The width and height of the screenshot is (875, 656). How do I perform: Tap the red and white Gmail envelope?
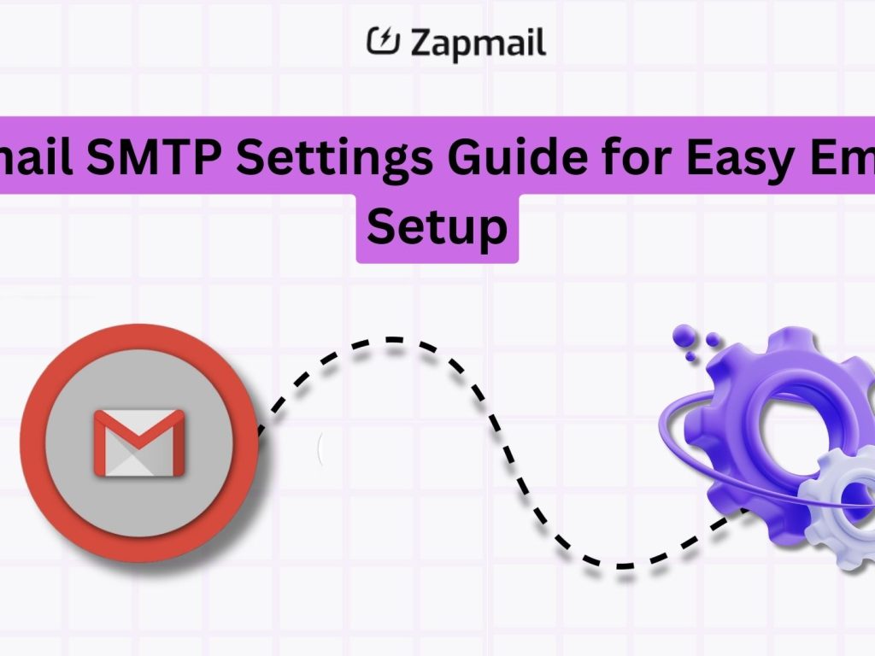pos(138,442)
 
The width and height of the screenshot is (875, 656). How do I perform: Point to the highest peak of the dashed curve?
pos(393,340)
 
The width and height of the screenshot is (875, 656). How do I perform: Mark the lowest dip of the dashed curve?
pos(624,565)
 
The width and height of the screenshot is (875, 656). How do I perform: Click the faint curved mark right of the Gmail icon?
pos(320,448)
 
